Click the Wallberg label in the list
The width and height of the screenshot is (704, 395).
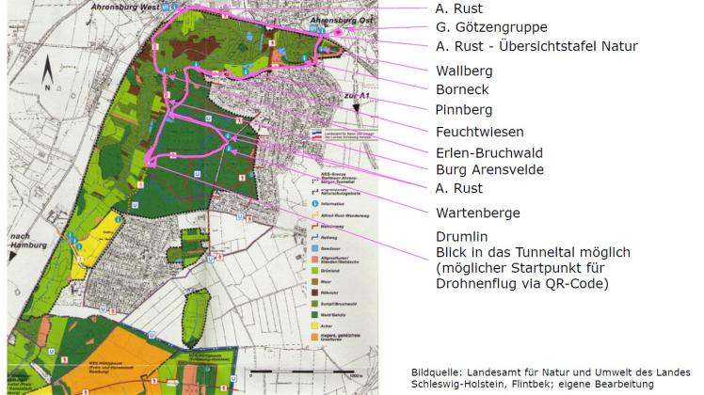463,71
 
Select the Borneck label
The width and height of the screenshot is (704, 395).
461,91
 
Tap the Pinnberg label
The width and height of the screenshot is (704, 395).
463,111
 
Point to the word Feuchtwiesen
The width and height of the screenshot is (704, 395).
478,132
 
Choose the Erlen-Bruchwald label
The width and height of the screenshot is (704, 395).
488,151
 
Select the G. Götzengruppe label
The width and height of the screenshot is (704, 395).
491,27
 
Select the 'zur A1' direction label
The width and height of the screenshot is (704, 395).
354,96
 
